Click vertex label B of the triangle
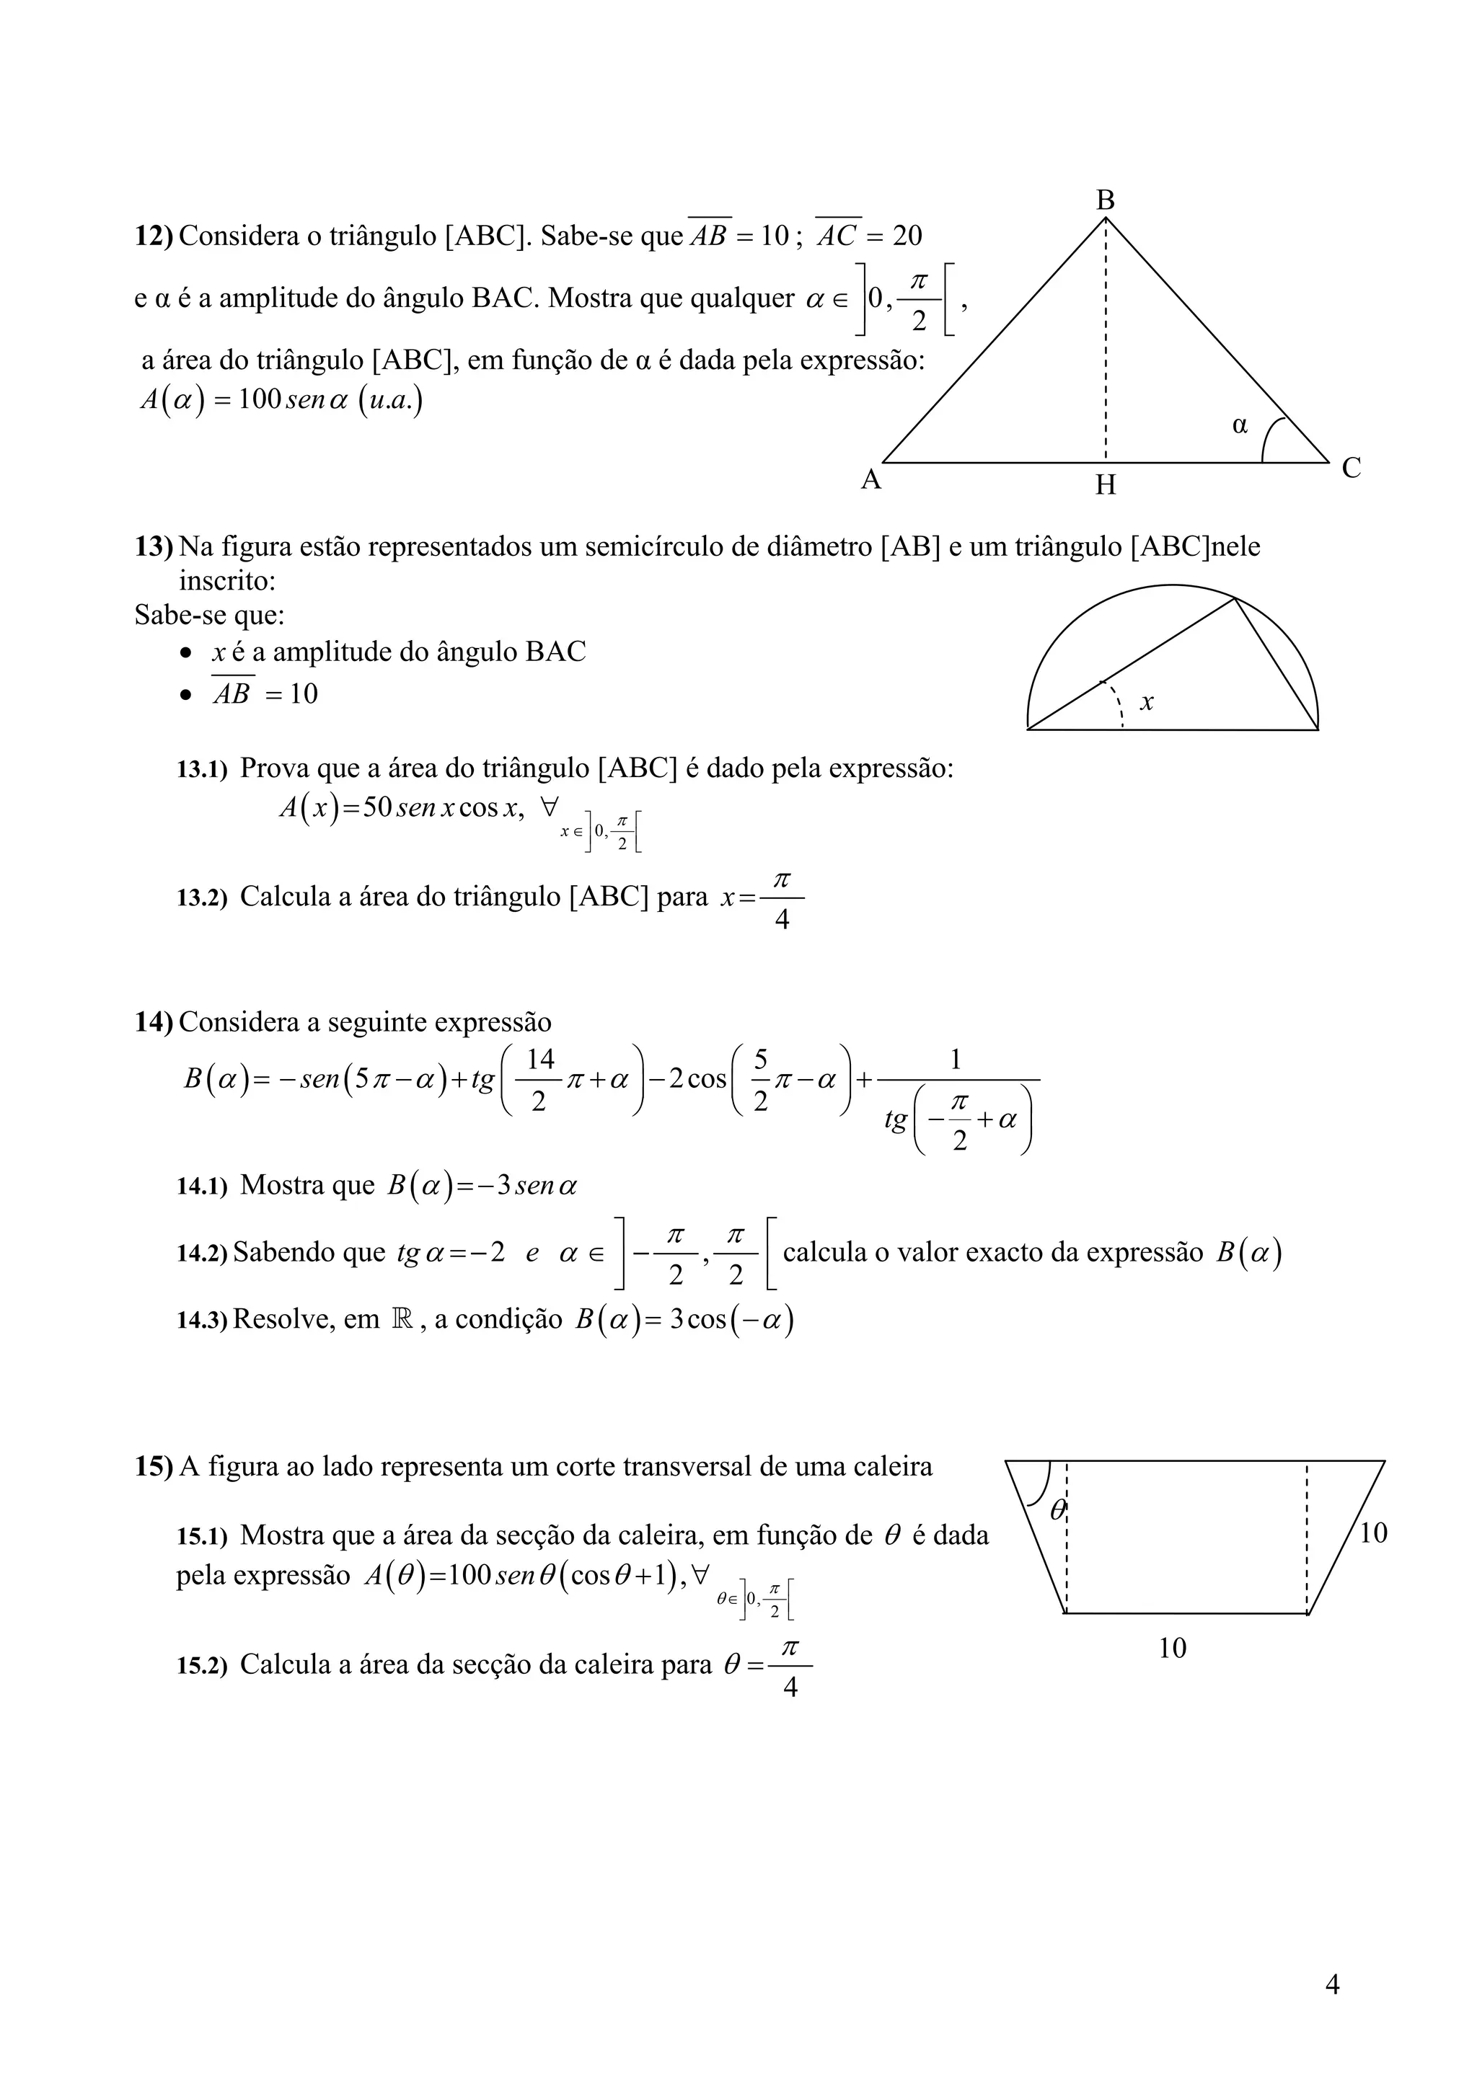coord(1105,200)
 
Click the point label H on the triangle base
coord(1105,485)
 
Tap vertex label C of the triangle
coord(1352,469)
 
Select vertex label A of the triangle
coord(871,479)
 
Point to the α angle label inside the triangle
coord(1240,424)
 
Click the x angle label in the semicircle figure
coord(1147,701)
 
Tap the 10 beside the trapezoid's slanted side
coord(1372,1533)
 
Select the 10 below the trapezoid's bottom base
coord(1172,1648)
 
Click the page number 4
coord(1332,1984)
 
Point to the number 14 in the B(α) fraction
coord(541,1059)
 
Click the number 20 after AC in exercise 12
coord(907,236)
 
